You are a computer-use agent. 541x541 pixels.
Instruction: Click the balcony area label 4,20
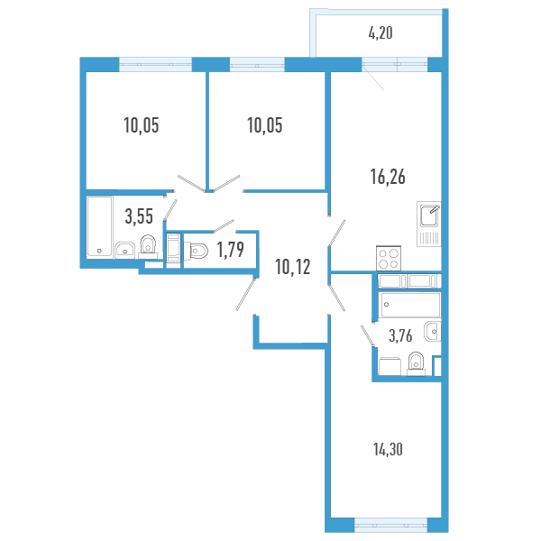coord(381,33)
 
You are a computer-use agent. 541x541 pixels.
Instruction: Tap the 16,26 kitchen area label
coord(388,177)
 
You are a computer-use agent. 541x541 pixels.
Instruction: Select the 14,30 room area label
coord(388,450)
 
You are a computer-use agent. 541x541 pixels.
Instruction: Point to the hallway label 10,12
coord(292,267)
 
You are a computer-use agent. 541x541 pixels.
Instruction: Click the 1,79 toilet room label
coord(231,250)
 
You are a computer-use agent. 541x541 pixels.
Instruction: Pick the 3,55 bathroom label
coord(139,216)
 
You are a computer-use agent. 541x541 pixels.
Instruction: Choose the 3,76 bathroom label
coord(400,335)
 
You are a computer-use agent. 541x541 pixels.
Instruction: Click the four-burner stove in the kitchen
coord(389,259)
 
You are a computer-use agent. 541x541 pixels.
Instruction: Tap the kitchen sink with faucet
coord(429,224)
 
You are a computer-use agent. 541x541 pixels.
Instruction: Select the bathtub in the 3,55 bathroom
coord(100,226)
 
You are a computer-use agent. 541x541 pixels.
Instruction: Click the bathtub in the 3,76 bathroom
coord(409,305)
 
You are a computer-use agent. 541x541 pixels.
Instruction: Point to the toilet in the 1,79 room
coord(196,251)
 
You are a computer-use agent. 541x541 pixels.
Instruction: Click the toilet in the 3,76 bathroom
coord(416,363)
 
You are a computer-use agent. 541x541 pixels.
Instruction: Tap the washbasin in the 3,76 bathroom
coord(433,332)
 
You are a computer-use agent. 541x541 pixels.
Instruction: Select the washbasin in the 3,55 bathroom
coord(125,250)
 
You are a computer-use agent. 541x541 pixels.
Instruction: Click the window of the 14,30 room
coord(390,526)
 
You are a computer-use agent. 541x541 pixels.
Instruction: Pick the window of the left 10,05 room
coord(155,64)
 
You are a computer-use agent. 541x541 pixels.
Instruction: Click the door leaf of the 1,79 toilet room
coord(224,225)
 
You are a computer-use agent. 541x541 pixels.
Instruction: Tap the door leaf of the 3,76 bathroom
coord(368,335)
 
